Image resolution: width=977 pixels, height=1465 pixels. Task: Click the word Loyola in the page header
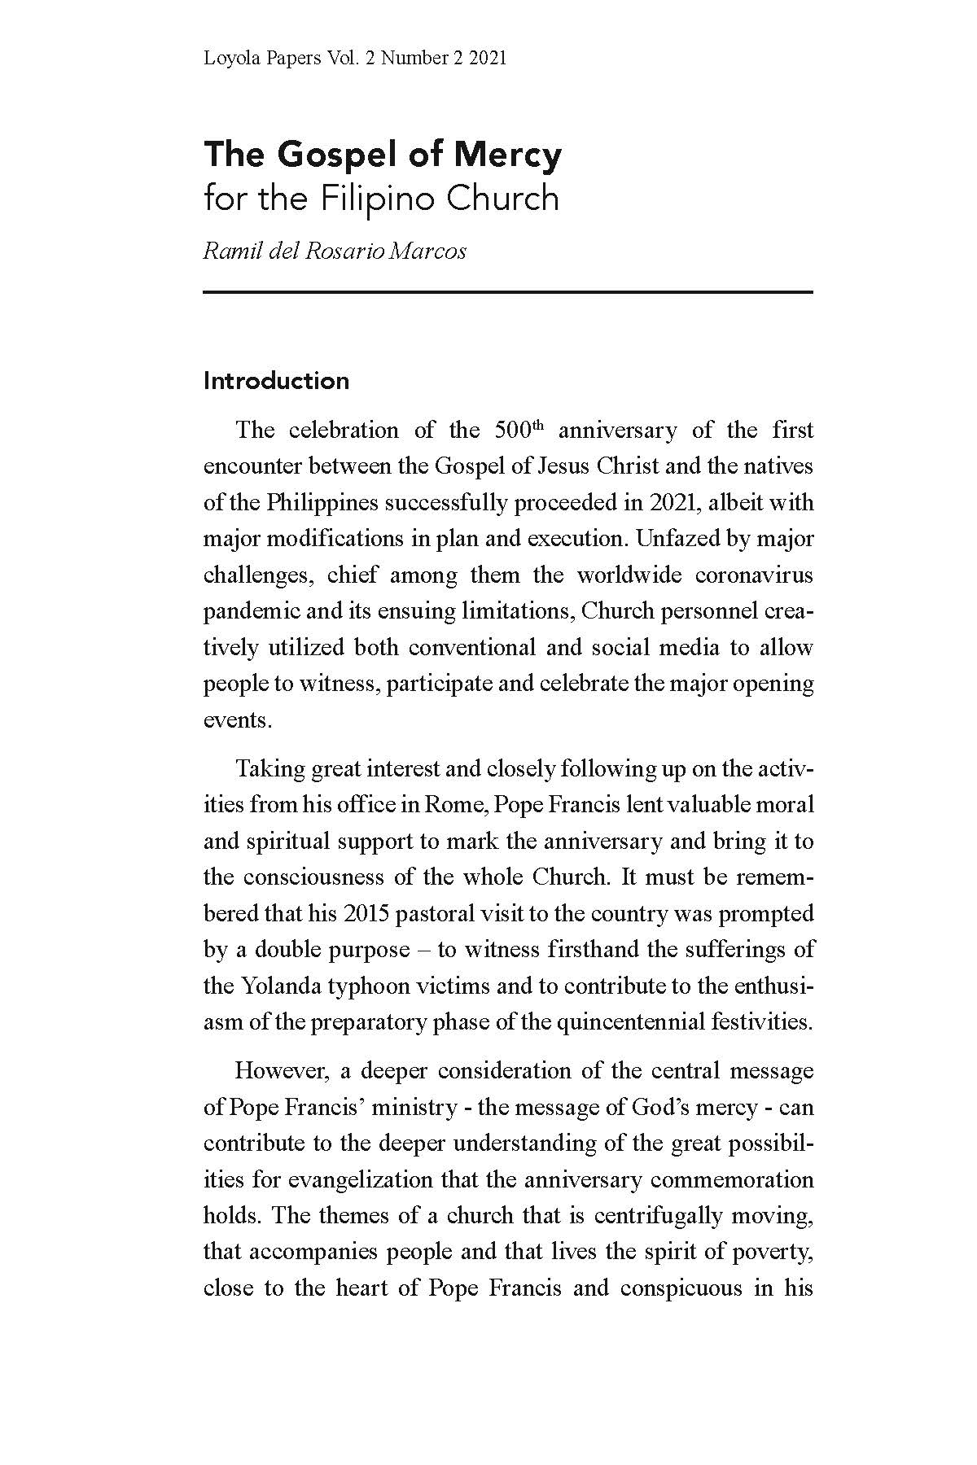pos(229,58)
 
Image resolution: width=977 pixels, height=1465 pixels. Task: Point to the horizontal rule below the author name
pos(508,291)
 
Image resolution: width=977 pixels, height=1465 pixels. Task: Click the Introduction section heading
pos(276,381)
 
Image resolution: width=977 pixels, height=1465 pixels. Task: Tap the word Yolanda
pos(279,986)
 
